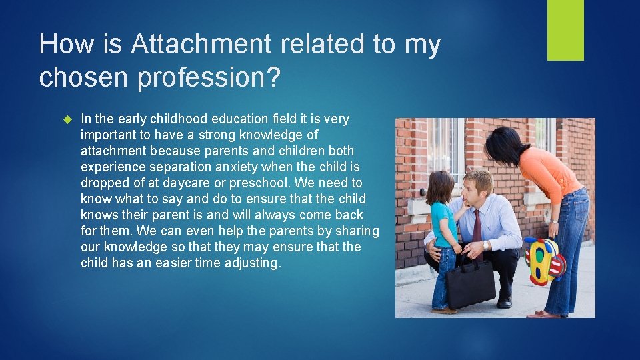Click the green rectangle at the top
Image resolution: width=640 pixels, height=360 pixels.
click(x=565, y=30)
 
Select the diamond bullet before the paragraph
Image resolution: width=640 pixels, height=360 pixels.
click(x=67, y=119)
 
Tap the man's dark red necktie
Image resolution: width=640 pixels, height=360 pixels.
click(x=477, y=231)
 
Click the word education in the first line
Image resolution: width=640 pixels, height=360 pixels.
click(x=240, y=119)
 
